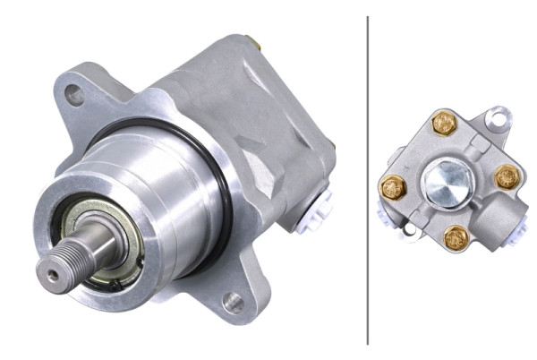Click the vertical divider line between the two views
click(x=368, y=179)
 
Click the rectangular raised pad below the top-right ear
click(x=482, y=143)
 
